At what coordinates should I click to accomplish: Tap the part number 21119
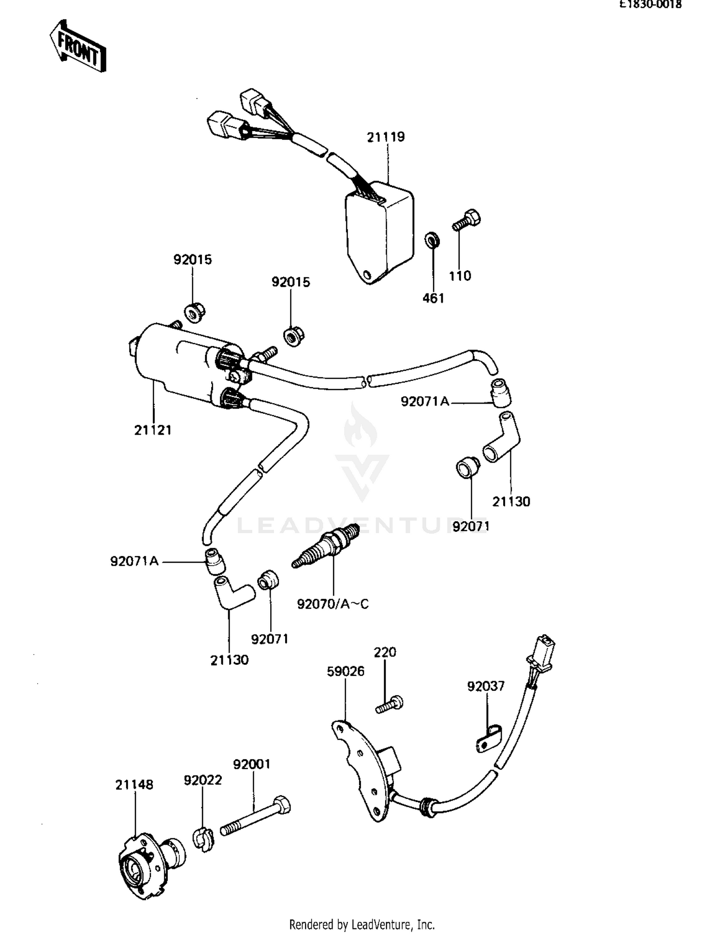(x=386, y=137)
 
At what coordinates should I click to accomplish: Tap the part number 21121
(x=153, y=430)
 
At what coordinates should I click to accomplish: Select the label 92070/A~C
(x=333, y=604)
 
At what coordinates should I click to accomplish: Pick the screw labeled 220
(x=390, y=704)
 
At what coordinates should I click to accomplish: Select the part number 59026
(x=346, y=671)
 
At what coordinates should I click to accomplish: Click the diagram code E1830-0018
(x=651, y=4)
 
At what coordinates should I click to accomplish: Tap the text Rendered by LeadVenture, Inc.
(x=362, y=924)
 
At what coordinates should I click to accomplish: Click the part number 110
(x=460, y=276)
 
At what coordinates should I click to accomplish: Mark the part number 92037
(x=486, y=686)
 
